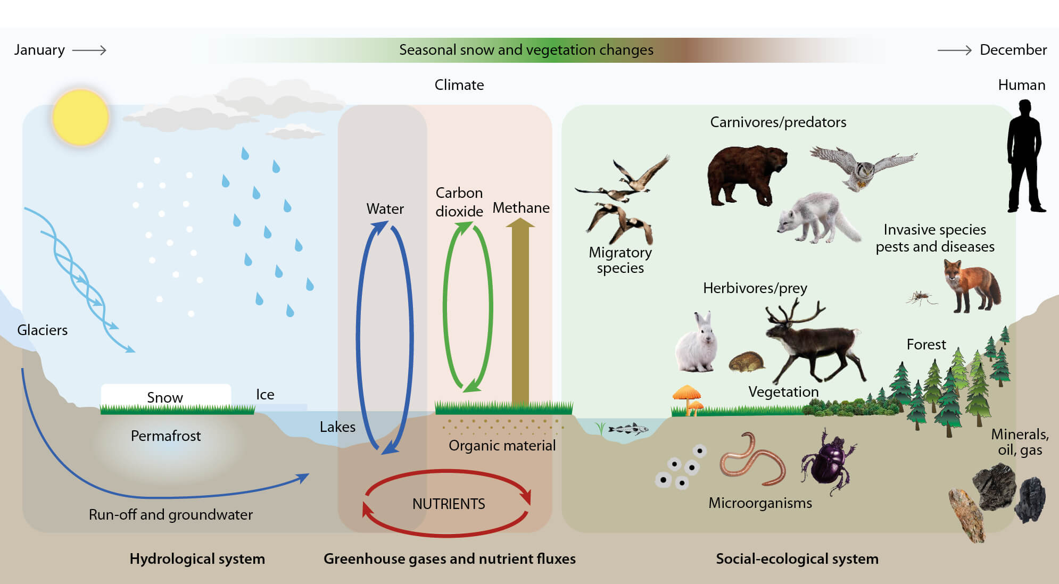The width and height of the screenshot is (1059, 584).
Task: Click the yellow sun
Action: [x=81, y=117]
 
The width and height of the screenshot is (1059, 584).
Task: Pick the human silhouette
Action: [x=1025, y=157]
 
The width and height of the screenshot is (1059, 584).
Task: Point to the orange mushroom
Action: [x=688, y=397]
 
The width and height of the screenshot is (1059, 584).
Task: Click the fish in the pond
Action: [x=628, y=429]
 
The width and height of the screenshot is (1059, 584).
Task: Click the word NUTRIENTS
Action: [x=449, y=504]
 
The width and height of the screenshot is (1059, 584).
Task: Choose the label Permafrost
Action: [x=166, y=436]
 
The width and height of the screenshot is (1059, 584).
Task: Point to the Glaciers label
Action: [x=42, y=330]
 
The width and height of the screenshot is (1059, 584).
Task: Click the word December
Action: [x=1013, y=50]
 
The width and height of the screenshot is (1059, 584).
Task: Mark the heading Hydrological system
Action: [x=197, y=558]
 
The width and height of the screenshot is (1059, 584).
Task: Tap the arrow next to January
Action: [x=89, y=50]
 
